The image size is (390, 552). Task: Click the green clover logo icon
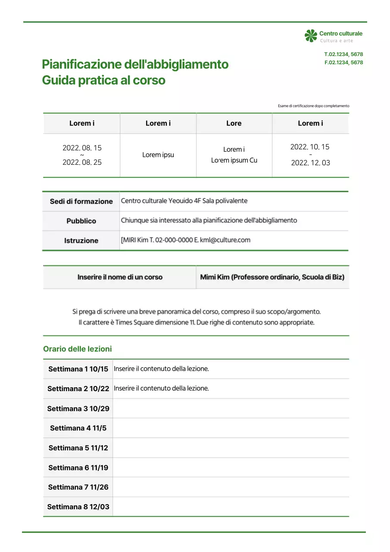point(311,36)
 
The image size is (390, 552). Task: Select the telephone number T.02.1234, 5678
point(343,54)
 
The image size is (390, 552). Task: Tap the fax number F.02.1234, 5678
point(343,63)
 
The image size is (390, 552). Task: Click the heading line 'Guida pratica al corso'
point(103,80)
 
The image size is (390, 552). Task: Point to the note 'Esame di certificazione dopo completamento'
point(313,106)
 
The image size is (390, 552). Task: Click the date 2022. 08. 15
point(82,148)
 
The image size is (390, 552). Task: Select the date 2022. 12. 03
point(310,163)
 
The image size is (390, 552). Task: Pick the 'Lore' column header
point(234,123)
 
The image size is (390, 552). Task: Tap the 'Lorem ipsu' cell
point(158,155)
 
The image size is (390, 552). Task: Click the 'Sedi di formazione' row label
point(81,201)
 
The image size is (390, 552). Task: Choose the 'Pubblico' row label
point(81,221)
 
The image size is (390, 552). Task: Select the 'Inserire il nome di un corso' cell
point(120,277)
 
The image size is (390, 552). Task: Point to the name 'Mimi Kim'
point(215,277)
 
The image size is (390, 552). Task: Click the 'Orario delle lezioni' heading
point(77,349)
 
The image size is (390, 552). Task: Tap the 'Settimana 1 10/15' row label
point(78,369)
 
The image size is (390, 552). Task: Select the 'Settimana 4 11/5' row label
point(78,428)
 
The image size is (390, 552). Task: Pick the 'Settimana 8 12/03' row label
point(78,507)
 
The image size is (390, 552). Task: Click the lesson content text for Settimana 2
point(161,389)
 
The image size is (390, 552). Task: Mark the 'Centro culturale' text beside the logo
point(340,33)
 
